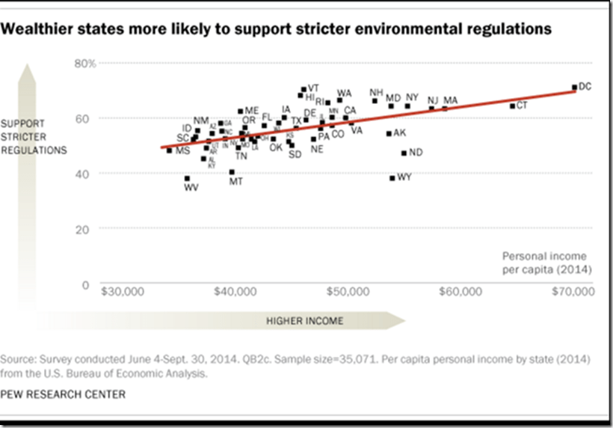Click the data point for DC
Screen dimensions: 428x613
(574, 88)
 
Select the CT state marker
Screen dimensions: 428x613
(512, 106)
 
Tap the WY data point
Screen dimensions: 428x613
(392, 178)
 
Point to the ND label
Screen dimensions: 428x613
(416, 153)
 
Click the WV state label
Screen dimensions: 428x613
(191, 187)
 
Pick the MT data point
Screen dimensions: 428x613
(232, 172)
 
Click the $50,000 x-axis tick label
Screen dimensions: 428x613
(348, 291)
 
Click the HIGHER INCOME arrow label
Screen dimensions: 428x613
(305, 321)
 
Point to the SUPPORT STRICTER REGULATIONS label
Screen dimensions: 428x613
(44, 137)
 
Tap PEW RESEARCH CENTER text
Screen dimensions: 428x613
(64, 394)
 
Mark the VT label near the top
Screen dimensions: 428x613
(314, 88)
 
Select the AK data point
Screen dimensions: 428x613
(389, 133)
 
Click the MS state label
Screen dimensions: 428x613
(182, 151)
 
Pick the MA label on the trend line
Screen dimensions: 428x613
(450, 100)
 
